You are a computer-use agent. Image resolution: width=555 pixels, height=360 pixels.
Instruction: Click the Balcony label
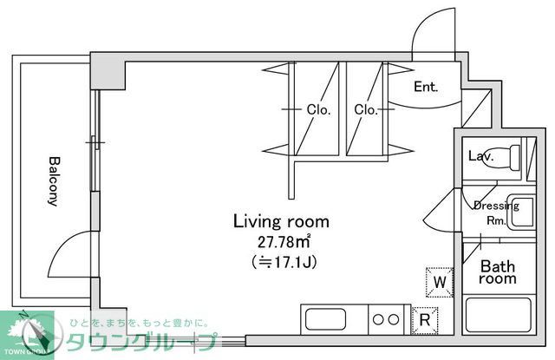click(x=53, y=181)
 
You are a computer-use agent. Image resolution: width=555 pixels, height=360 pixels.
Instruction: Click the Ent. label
click(x=425, y=87)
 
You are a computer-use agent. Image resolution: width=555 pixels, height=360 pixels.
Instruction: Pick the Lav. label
click(x=480, y=157)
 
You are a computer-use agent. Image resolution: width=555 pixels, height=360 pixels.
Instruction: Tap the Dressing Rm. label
click(x=495, y=213)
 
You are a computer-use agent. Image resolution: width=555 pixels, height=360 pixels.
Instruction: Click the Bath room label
click(x=499, y=272)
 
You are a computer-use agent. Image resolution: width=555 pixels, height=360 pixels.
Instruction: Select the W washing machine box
click(x=440, y=281)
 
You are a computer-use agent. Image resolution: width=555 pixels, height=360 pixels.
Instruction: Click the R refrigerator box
click(x=425, y=318)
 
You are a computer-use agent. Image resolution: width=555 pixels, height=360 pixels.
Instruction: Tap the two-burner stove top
click(x=388, y=318)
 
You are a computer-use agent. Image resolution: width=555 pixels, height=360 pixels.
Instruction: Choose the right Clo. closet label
click(x=364, y=109)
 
